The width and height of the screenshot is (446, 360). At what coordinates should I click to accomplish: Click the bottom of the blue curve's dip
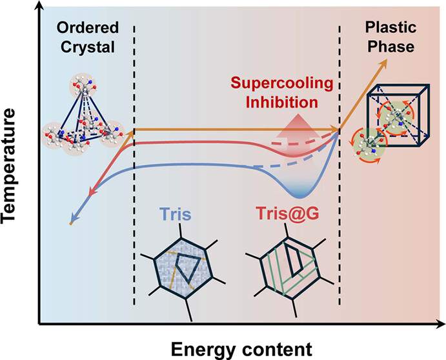[302, 196]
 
